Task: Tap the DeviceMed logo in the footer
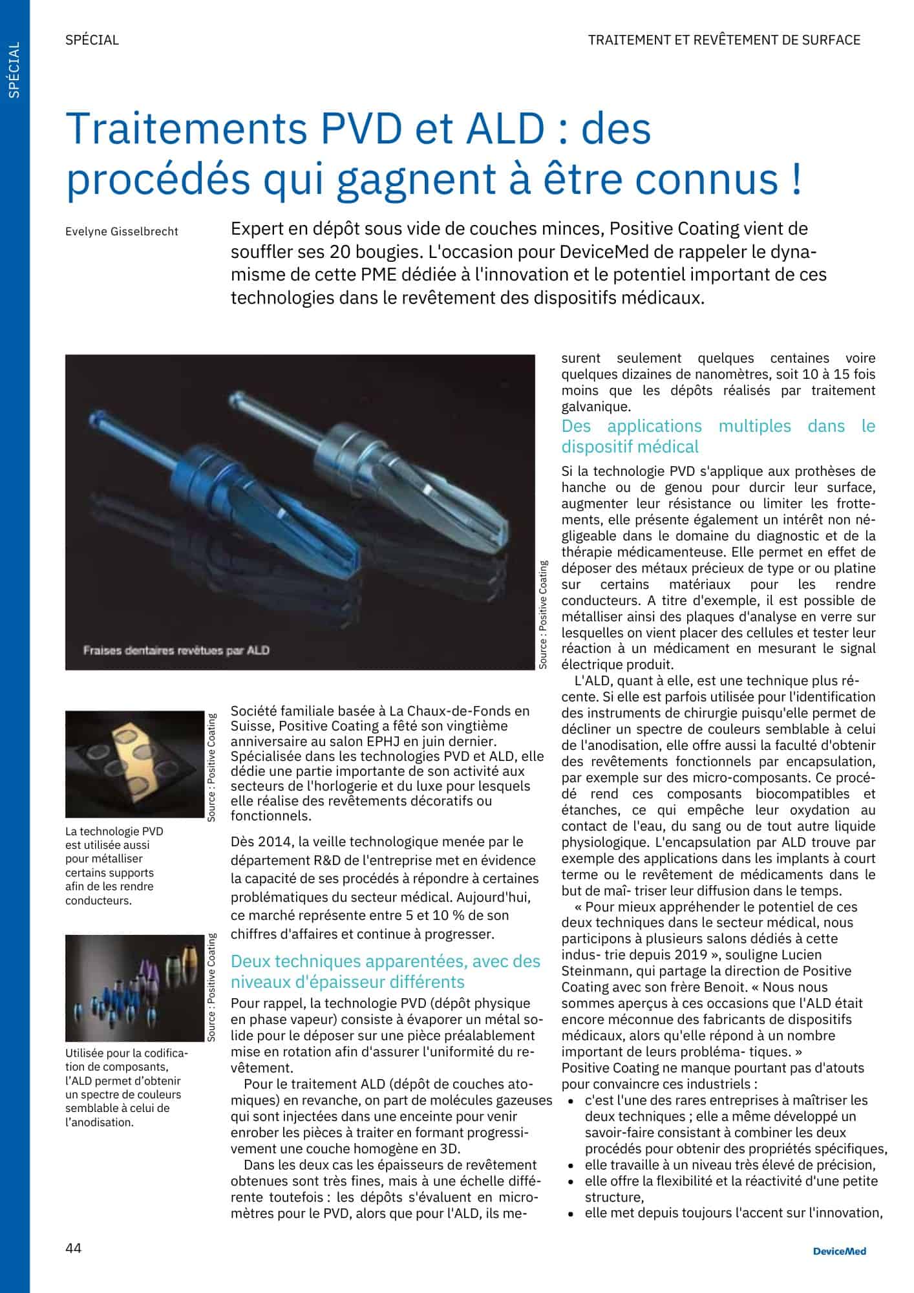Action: pos(840,1251)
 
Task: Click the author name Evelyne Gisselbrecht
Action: pos(122,231)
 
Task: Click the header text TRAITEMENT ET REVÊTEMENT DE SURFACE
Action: pos(724,40)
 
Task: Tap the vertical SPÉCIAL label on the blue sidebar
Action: pos(15,70)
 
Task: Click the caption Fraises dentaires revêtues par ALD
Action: pos(176,650)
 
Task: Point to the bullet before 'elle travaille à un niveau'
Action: pos(571,1166)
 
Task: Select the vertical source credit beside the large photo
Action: pos(543,614)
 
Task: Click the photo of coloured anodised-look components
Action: pos(134,988)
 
